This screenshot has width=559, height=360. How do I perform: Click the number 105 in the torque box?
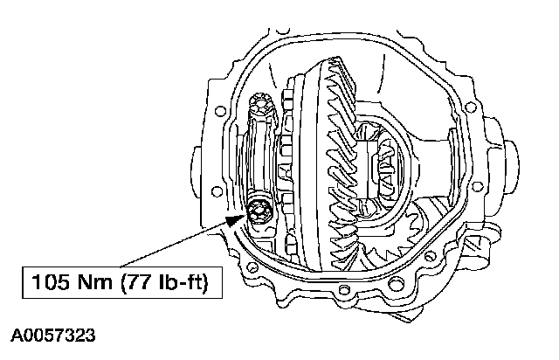point(50,282)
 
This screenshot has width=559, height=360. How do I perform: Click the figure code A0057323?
point(53,336)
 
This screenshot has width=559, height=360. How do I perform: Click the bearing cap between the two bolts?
point(260,157)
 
